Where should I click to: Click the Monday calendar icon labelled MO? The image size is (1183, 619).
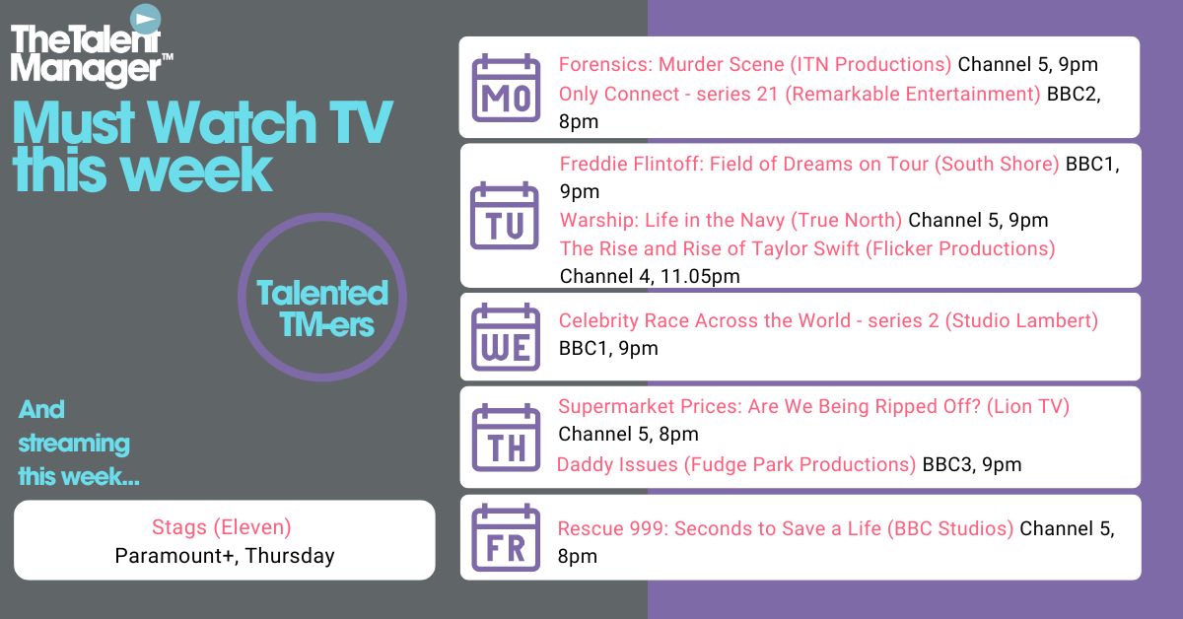[x=506, y=88]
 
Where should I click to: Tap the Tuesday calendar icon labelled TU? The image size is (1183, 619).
[x=505, y=216]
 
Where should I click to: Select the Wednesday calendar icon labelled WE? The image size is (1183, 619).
[x=506, y=337]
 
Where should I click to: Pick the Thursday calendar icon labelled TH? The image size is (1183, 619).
[x=506, y=438]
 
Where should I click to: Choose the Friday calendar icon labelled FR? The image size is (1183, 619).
[x=506, y=537]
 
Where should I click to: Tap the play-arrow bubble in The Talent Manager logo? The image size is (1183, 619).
[x=145, y=20]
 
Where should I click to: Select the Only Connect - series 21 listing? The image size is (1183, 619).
[x=668, y=94]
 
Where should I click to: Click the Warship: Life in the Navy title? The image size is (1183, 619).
[x=672, y=220]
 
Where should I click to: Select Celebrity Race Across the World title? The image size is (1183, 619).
[x=705, y=320]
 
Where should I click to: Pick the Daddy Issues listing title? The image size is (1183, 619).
[x=617, y=465]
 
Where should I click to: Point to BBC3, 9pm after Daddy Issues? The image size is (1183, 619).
[x=972, y=465]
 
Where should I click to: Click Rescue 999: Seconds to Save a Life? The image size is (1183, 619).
[x=720, y=528]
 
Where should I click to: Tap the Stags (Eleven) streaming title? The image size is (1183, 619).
[x=221, y=527]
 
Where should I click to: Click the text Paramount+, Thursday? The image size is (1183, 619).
[x=225, y=556]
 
